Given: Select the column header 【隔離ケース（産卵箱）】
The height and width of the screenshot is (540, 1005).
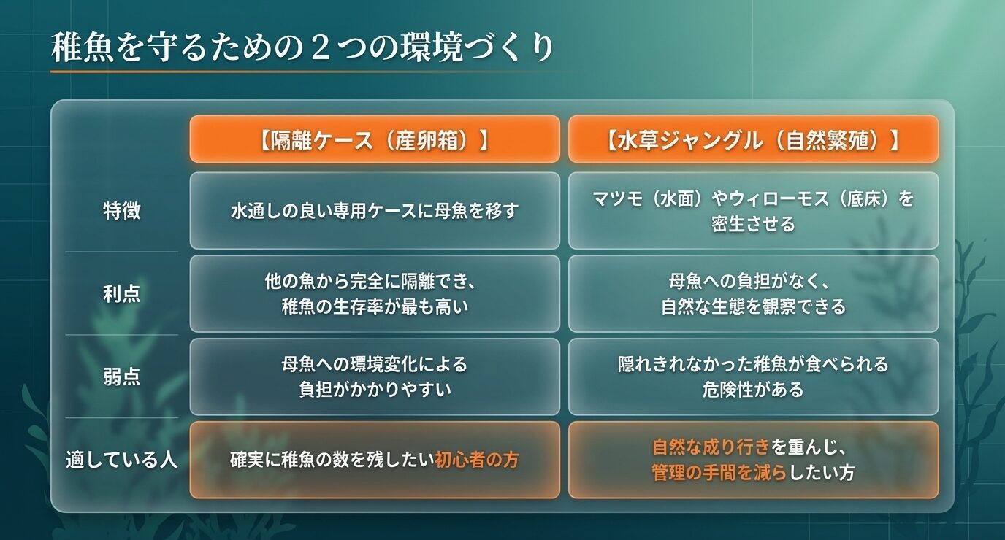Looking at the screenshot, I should click(374, 139).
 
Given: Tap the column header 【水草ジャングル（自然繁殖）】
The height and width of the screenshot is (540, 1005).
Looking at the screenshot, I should click(753, 139).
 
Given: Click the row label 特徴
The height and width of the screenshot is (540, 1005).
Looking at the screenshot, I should click(122, 211).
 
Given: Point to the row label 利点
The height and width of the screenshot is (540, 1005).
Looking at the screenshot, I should click(122, 293).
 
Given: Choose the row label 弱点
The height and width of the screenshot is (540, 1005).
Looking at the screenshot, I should click(122, 377).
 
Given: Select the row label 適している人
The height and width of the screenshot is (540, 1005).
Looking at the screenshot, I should click(122, 460).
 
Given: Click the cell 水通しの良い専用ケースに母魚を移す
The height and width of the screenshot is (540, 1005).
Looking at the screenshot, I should click(374, 211).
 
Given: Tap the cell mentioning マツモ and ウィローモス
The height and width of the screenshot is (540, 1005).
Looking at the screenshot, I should click(753, 211).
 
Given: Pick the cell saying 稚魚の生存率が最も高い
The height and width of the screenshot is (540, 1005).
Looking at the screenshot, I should click(374, 306).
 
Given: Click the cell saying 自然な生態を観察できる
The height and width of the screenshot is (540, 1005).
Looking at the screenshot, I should click(753, 306).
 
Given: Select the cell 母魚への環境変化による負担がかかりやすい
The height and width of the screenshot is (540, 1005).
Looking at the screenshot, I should click(374, 377).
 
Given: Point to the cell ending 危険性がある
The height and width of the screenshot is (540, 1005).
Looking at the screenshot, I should click(753, 390).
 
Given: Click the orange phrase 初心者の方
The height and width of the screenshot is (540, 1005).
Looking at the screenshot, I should click(477, 460).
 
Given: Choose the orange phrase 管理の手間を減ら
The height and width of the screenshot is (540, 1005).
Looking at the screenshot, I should click(719, 473).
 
